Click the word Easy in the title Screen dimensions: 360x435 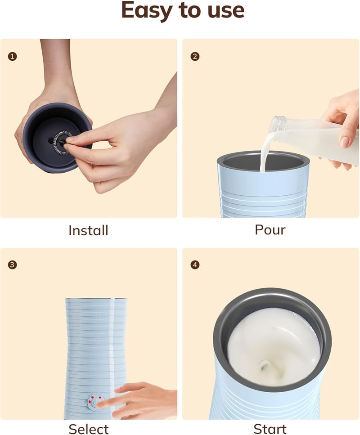click(x=147, y=10)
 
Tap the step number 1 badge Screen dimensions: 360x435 click(x=12, y=56)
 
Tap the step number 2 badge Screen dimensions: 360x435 click(x=195, y=56)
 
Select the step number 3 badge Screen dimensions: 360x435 click(x=12, y=265)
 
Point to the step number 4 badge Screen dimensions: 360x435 click(x=195, y=265)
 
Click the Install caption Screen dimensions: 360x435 click(x=88, y=230)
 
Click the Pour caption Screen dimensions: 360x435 click(x=270, y=230)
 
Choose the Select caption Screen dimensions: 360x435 click(x=89, y=429)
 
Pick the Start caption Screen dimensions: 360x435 click(x=270, y=429)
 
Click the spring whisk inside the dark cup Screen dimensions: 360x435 click(x=62, y=142)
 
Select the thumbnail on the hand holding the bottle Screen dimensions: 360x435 click(x=345, y=142)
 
